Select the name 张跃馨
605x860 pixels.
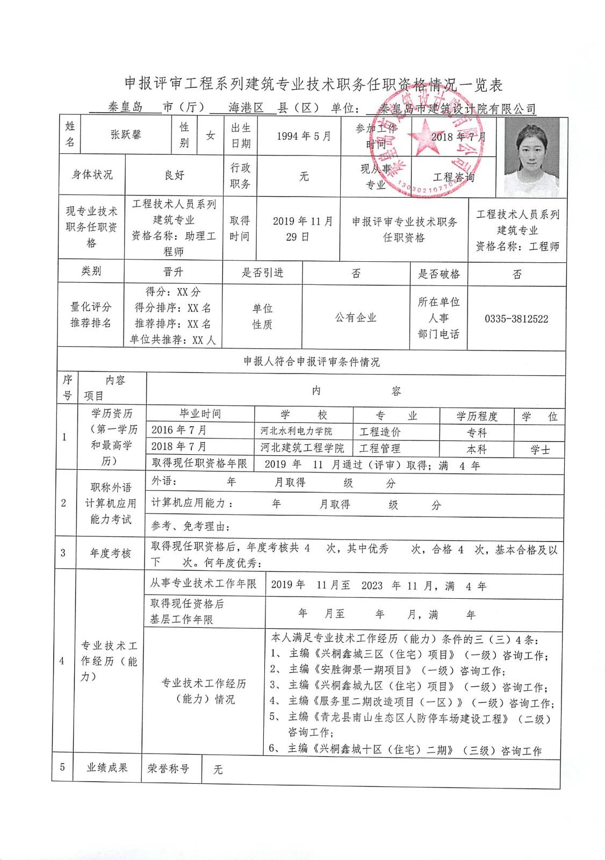(x=126, y=135)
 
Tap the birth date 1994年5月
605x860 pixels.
(x=304, y=136)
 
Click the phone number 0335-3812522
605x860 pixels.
(x=516, y=319)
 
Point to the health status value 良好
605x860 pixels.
(x=174, y=175)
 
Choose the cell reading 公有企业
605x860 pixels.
(x=356, y=318)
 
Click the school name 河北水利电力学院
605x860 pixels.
(x=296, y=431)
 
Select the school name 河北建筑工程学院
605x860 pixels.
(x=302, y=448)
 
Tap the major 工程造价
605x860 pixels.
(x=380, y=432)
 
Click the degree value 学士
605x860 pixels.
(x=540, y=449)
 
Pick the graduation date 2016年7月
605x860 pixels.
(x=179, y=430)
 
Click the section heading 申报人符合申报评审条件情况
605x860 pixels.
(x=311, y=362)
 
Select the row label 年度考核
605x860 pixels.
(x=110, y=553)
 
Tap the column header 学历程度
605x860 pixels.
(x=477, y=416)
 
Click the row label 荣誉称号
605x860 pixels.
(x=168, y=768)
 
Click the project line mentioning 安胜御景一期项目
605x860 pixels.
(x=387, y=670)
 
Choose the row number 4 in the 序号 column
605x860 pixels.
(x=63, y=661)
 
